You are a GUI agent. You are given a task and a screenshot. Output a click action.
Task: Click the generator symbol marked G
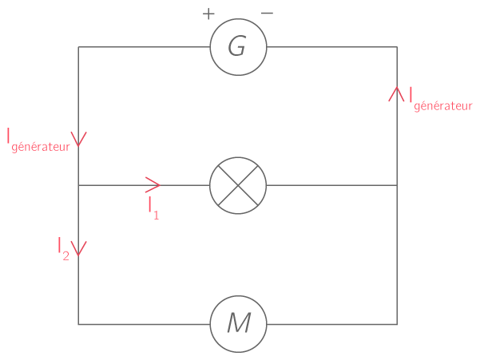point(237,47)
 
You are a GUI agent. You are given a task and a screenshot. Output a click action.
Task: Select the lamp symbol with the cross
point(237,185)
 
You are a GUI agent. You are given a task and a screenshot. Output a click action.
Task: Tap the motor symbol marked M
point(237,324)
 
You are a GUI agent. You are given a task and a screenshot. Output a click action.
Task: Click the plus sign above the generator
point(209,14)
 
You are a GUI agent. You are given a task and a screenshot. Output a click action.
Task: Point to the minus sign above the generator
point(267,14)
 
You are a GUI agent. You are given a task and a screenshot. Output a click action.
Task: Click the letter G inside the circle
point(236,47)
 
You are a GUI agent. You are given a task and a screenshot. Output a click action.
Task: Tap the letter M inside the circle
point(238,324)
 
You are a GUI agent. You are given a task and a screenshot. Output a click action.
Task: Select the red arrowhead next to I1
point(153,185)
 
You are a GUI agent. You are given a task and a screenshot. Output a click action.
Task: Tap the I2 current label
point(64,248)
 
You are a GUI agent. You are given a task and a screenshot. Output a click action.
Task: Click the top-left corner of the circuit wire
point(78,47)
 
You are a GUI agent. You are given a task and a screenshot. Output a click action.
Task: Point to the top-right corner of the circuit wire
point(397,47)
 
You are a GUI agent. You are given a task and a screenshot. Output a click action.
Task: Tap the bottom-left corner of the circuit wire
point(78,324)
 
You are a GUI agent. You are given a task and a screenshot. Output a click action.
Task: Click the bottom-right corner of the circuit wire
point(397,324)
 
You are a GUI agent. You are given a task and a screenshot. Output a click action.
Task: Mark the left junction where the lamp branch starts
point(78,185)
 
